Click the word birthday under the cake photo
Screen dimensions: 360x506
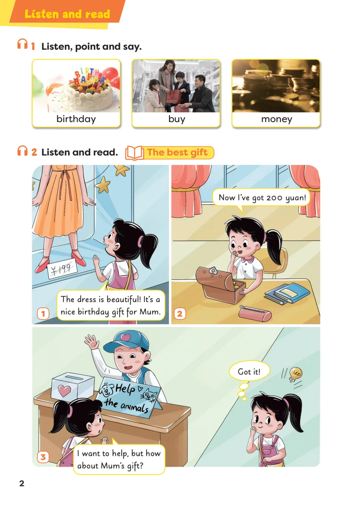pyautogui.click(x=76, y=119)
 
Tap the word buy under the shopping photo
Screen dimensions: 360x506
pyautogui.click(x=177, y=119)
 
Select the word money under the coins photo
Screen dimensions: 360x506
pyautogui.click(x=277, y=119)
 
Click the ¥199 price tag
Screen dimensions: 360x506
pyautogui.click(x=62, y=269)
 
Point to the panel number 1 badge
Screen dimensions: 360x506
pyautogui.click(x=43, y=313)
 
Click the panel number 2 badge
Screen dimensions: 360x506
pyautogui.click(x=180, y=314)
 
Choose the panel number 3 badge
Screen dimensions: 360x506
pyautogui.click(x=43, y=457)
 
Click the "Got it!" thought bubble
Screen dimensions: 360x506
pyautogui.click(x=249, y=372)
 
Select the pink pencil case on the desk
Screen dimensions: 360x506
pyautogui.click(x=255, y=313)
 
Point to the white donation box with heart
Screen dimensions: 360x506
pyautogui.click(x=73, y=386)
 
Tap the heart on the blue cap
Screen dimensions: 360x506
pyautogui.click(x=125, y=338)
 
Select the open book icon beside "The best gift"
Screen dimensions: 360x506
pyautogui.click(x=134, y=153)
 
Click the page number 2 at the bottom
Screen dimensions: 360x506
pyautogui.click(x=22, y=483)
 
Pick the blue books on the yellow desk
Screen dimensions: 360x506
pyautogui.click(x=287, y=294)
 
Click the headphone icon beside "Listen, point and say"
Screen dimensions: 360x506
pyautogui.click(x=22, y=44)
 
